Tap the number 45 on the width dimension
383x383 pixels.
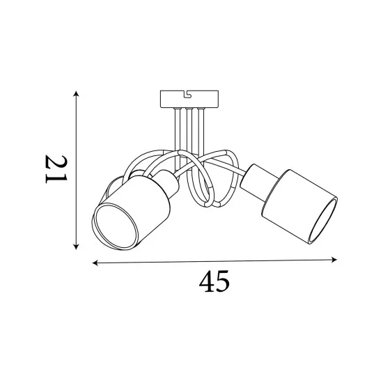(x=214, y=282)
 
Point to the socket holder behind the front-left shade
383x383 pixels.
(x=164, y=182)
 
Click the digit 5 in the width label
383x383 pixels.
(x=223, y=282)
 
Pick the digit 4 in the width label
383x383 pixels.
(x=205, y=282)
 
